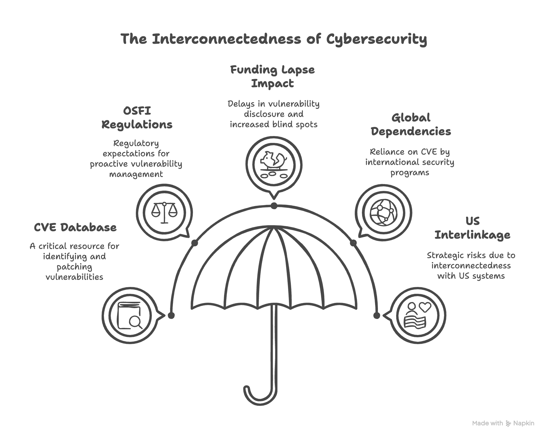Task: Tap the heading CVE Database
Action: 75,228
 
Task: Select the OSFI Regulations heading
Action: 137,118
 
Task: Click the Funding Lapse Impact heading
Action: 272,77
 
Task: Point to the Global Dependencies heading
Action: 411,125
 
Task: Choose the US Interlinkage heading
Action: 472,228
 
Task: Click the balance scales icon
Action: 164,212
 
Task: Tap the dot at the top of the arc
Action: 274,206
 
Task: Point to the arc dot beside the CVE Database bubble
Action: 171,316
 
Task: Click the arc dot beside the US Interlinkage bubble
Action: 377,316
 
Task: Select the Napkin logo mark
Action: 508,423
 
